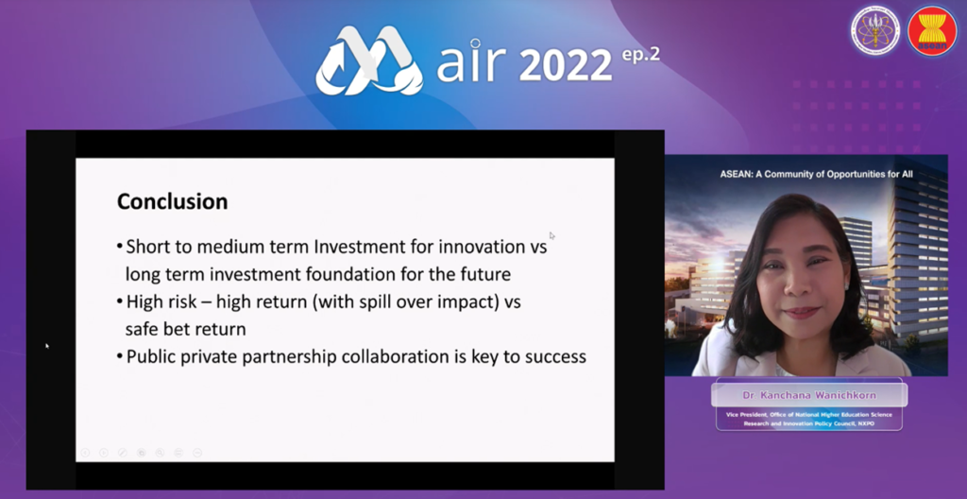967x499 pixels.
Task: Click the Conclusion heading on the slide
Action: [172, 201]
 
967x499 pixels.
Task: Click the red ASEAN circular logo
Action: [932, 31]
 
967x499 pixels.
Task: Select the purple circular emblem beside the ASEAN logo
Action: [875, 31]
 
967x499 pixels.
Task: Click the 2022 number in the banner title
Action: [565, 65]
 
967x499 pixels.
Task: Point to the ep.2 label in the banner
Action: [640, 55]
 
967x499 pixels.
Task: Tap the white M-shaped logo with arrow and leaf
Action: [369, 60]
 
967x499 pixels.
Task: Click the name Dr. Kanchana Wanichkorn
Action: [808, 394]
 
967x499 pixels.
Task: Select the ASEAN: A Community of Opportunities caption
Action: [816, 174]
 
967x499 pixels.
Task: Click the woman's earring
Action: [847, 286]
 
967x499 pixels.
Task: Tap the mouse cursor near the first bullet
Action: [551, 235]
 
